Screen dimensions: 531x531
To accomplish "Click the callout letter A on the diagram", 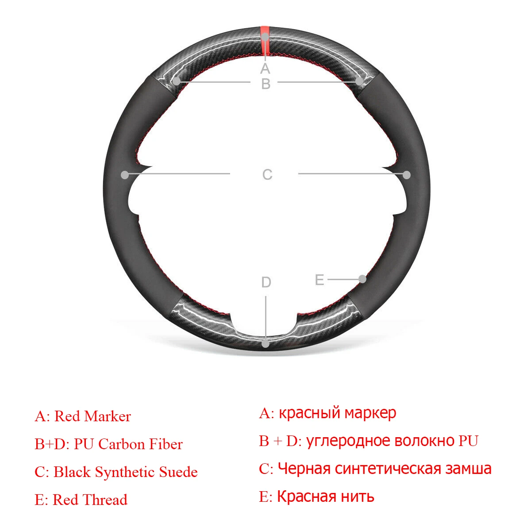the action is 265,69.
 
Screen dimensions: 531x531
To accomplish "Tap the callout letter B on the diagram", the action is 265,83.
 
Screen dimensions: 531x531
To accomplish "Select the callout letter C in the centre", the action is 267,175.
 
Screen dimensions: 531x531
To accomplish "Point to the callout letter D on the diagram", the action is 266,282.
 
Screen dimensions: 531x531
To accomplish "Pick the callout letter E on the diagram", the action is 319,280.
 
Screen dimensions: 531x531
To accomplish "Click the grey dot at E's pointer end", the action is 362,279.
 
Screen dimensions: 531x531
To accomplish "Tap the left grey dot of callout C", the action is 125,175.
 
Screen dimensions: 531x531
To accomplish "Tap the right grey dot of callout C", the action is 407,175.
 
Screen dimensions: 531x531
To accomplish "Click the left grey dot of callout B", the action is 177,81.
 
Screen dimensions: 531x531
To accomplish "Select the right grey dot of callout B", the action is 359,81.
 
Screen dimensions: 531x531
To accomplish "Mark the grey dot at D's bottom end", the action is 265,343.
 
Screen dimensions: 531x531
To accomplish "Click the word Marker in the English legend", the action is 108,416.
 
